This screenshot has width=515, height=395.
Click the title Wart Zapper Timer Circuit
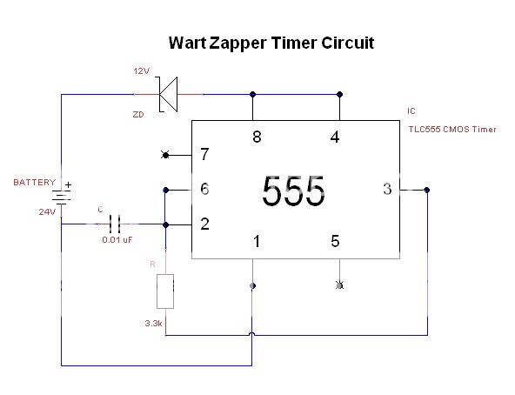[271, 42]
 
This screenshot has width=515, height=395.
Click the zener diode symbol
[167, 94]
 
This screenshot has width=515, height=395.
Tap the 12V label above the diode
[141, 70]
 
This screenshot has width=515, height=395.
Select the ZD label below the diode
[137, 114]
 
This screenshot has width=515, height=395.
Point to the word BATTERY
[33, 183]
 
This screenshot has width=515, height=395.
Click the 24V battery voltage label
[46, 211]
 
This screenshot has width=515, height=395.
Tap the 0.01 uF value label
[117, 239]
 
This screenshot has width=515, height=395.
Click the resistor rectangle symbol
[165, 291]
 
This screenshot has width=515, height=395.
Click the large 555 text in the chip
[293, 191]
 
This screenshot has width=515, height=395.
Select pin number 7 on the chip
[204, 156]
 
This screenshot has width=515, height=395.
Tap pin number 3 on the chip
[387, 189]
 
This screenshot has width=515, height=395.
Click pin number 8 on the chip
[256, 136]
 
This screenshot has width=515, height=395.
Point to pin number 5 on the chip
[335, 241]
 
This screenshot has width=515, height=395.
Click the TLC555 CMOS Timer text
[451, 130]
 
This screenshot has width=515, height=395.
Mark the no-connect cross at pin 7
[165, 156]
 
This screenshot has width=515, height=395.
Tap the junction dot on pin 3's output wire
[426, 190]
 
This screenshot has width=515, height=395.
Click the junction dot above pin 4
[339, 94]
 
